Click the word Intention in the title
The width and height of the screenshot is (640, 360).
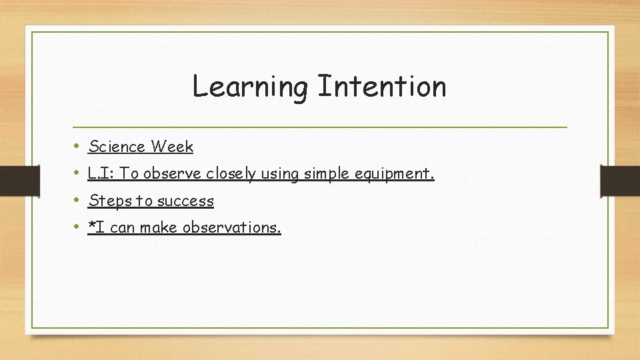[381, 86]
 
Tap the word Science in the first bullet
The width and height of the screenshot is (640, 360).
[117, 146]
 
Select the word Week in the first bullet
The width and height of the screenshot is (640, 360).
[172, 146]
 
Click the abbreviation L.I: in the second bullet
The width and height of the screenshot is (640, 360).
[102, 173]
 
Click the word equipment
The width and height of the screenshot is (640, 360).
[395, 174]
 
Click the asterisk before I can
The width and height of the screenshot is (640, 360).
[92, 226]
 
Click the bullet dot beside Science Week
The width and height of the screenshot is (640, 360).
[77, 145]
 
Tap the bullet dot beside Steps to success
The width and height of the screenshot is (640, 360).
[77, 200]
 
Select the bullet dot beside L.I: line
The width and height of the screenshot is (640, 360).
[77, 173]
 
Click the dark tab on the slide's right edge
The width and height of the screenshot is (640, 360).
[620, 181]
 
